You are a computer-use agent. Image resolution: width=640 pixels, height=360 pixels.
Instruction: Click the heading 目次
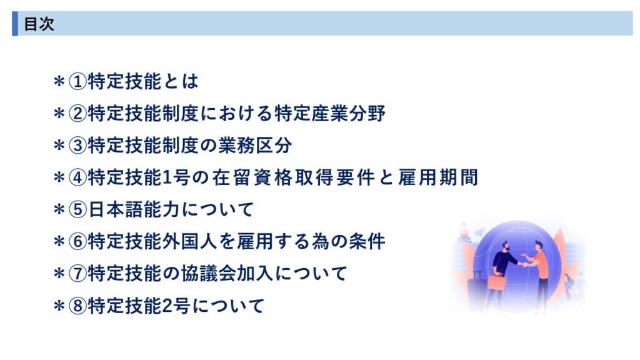pos(39,24)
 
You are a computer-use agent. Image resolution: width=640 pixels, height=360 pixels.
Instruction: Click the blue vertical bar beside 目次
pos(15,24)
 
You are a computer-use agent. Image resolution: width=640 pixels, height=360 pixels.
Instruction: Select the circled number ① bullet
pos(77,81)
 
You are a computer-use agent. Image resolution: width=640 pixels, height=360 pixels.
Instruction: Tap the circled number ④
pos(77,177)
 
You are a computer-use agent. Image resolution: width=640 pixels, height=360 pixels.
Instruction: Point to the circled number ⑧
pos(77,306)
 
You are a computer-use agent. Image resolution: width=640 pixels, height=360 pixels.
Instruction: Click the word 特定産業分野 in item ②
pos(330,113)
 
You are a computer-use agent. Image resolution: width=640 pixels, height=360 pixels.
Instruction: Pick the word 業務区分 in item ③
pos(255,145)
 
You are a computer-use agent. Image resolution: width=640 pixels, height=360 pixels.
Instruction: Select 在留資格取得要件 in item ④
pos(293,177)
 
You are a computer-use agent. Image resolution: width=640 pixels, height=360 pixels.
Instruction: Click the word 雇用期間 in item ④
pos(438,177)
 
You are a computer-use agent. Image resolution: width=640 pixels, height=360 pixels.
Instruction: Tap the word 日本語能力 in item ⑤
pos(134,209)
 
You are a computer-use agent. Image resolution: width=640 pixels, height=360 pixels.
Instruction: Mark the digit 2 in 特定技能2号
pos(167,306)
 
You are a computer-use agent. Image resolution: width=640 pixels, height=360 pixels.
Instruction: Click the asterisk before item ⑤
pos(59,209)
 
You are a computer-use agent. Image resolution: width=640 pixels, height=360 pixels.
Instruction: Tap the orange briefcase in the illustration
pos(496,282)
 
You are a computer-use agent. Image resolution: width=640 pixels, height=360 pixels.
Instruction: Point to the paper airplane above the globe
pos(479,232)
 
